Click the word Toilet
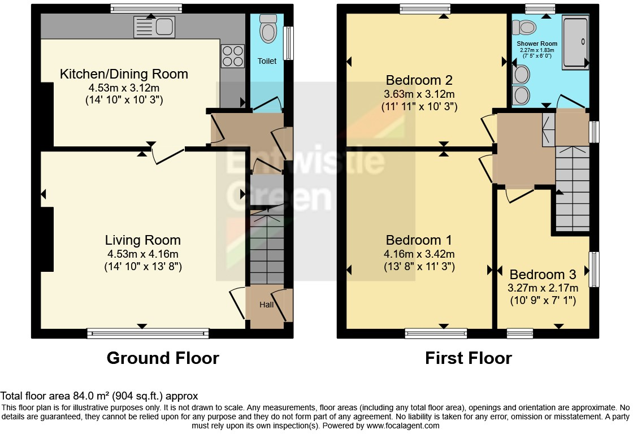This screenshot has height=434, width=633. click(267, 60)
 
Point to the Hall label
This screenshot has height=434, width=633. click(266, 305)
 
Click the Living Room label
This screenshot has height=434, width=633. click(143, 241)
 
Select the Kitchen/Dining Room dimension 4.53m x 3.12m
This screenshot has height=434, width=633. click(124, 88)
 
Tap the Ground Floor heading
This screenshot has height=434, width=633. click(163, 358)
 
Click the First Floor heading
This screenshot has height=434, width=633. click(469, 358)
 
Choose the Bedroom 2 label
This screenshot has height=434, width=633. click(419, 80)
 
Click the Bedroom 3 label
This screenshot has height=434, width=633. click(543, 275)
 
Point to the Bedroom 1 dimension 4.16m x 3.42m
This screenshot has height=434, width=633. click(420, 254)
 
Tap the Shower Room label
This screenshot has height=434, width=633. click(537, 44)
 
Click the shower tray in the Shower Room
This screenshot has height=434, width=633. click(575, 44)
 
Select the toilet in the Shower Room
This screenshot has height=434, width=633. click(526, 26)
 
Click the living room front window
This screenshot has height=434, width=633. click(148, 334)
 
